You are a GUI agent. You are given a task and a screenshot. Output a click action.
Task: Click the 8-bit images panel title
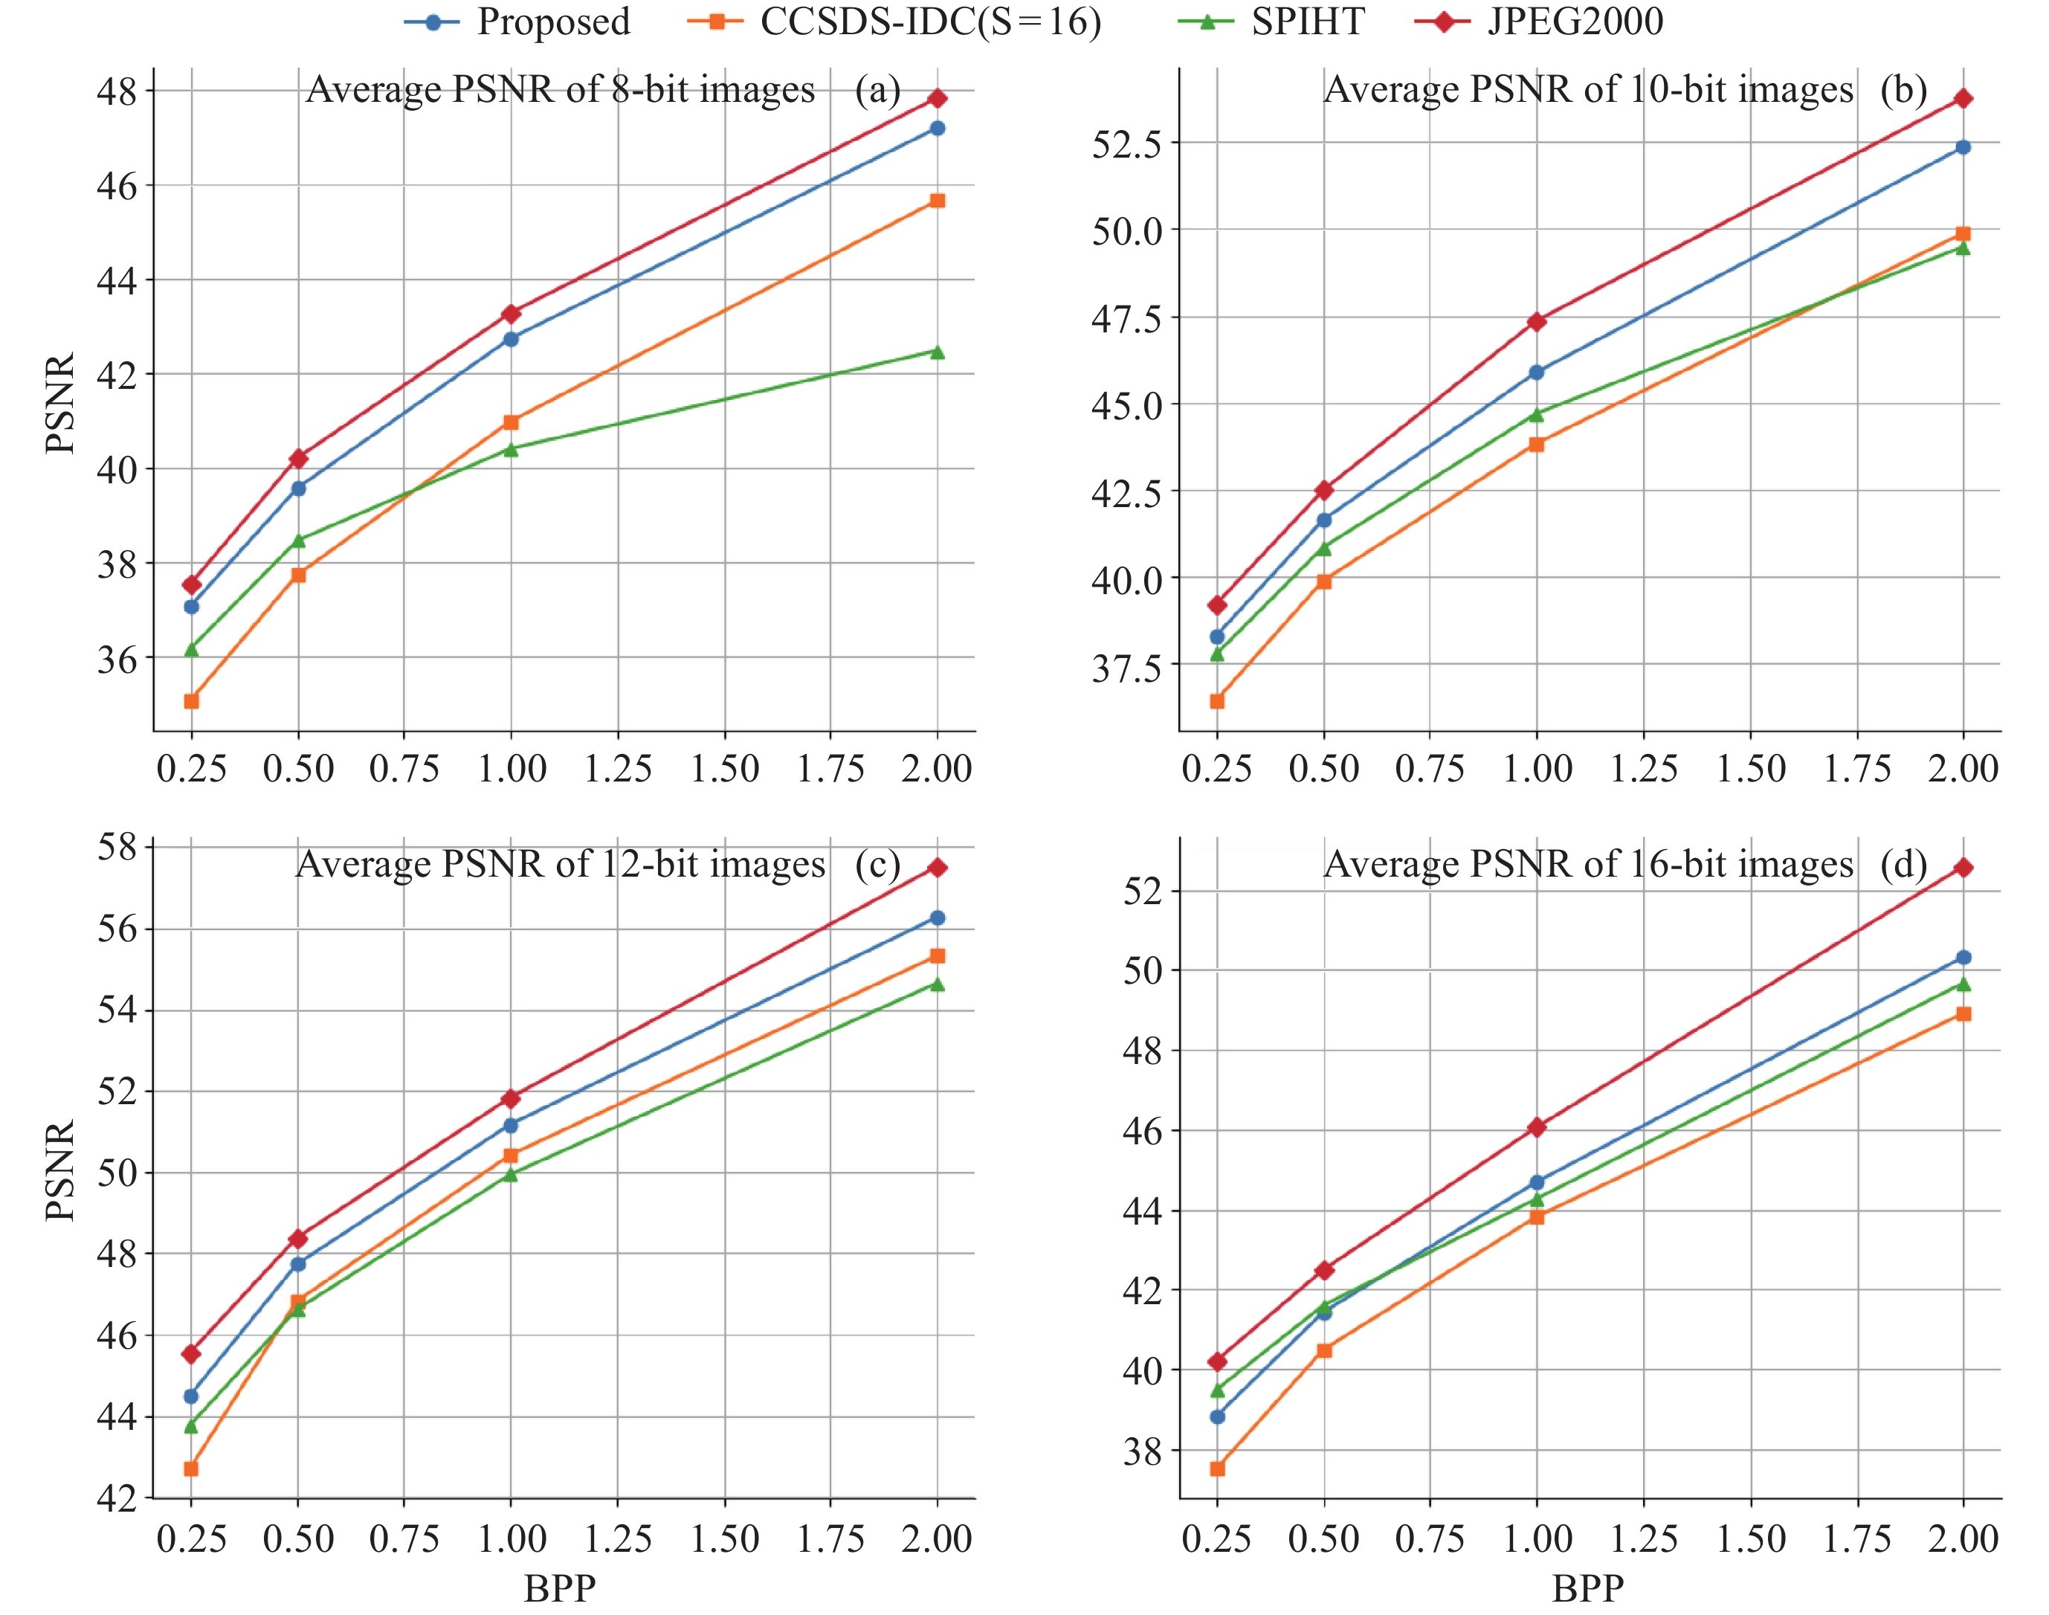560,90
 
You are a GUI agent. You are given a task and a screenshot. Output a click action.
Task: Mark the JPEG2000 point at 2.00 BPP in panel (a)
937,98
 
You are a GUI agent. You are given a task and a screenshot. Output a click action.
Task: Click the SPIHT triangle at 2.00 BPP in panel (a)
937,352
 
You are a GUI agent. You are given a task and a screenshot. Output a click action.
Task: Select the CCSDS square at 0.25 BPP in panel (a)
191,700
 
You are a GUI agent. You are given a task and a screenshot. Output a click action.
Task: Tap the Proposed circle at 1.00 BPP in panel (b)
1537,373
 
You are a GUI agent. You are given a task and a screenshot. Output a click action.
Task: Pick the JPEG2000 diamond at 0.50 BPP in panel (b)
1324,490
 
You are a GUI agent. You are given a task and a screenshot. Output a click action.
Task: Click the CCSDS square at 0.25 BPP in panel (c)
191,1469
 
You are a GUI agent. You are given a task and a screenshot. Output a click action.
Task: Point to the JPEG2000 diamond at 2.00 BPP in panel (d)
1963,867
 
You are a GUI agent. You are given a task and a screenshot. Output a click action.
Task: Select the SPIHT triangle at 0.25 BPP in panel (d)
1217,1390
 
